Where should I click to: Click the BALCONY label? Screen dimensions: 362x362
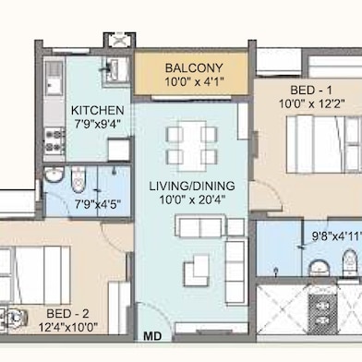192,68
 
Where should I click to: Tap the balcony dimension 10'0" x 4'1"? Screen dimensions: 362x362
192,83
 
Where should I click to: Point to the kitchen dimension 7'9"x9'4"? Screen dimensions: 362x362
97,123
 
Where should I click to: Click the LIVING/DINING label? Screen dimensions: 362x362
191,186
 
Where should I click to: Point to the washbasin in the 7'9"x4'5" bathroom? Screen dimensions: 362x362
54,177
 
